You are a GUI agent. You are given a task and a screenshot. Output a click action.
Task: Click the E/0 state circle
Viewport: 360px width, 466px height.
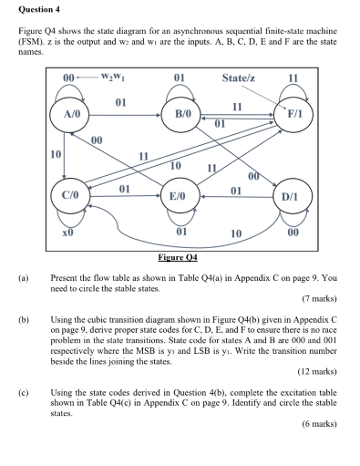[177, 195]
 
